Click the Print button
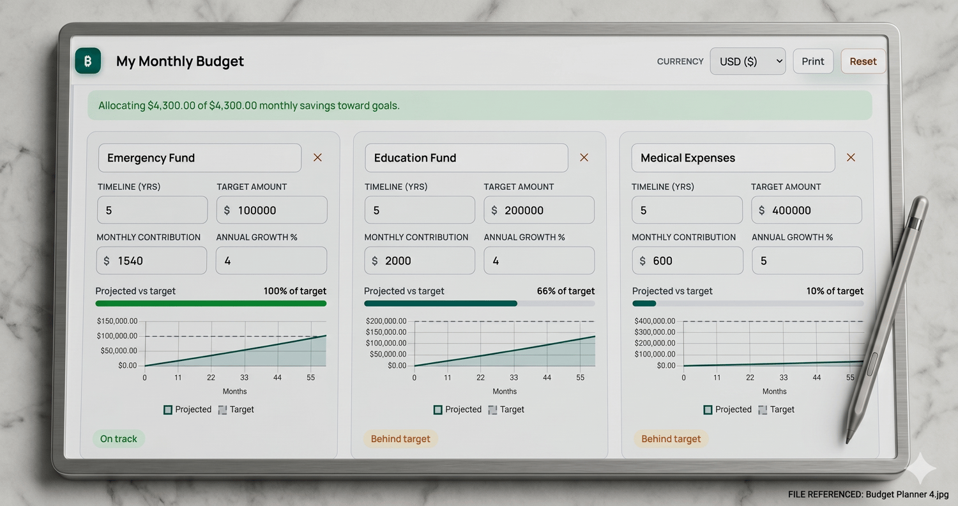[x=812, y=61]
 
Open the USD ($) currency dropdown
[x=748, y=61]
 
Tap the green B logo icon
[x=88, y=61]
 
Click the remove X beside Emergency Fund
[x=317, y=157]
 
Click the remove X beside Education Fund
[x=584, y=157]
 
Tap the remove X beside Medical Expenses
[x=851, y=157]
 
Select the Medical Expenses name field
[x=733, y=158]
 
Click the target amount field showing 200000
[x=539, y=210]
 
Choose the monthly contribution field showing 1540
[x=151, y=261]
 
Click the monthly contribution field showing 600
[x=687, y=261]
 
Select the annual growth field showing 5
[x=807, y=261]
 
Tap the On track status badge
[x=118, y=439]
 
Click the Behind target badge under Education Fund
[x=400, y=439]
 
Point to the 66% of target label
[x=565, y=291]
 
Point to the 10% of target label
[x=835, y=291]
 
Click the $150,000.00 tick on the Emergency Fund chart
[x=117, y=321]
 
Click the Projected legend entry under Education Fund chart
[x=458, y=410]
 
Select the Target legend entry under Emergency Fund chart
[x=236, y=410]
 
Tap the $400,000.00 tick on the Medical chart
[x=655, y=321]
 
